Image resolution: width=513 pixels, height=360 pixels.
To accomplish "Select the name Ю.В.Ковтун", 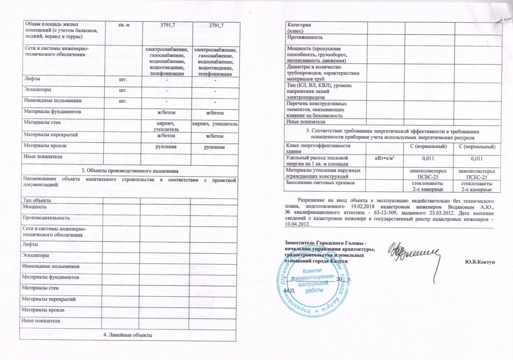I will pyautogui.click(x=480, y=262).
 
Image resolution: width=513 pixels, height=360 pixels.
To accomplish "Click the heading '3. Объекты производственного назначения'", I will pyautogui.click(x=130, y=171).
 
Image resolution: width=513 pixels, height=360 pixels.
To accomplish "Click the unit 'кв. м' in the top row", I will pyautogui.click(x=123, y=25).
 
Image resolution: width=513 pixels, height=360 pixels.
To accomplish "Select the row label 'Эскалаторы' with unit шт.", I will pyautogui.click(x=37, y=90).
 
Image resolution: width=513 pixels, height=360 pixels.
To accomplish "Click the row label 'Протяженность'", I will pyautogui.click(x=305, y=37).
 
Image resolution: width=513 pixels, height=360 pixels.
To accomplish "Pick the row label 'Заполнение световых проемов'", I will pyautogui.click(x=320, y=183).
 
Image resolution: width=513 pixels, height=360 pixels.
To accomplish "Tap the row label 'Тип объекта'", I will pyautogui.click(x=37, y=200).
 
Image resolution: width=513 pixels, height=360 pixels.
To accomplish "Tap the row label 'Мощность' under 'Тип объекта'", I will pyautogui.click(x=34, y=207).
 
